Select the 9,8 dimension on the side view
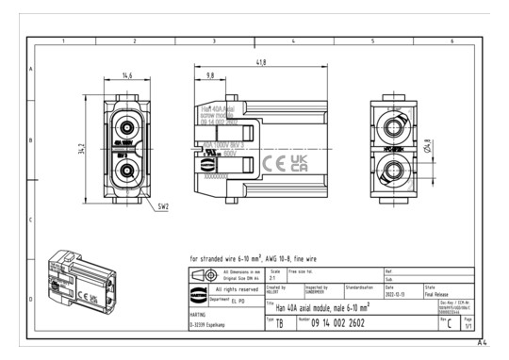coord(209,74)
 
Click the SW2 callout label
coord(161,205)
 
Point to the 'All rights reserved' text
coord(232,290)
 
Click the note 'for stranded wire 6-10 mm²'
coord(246,256)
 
